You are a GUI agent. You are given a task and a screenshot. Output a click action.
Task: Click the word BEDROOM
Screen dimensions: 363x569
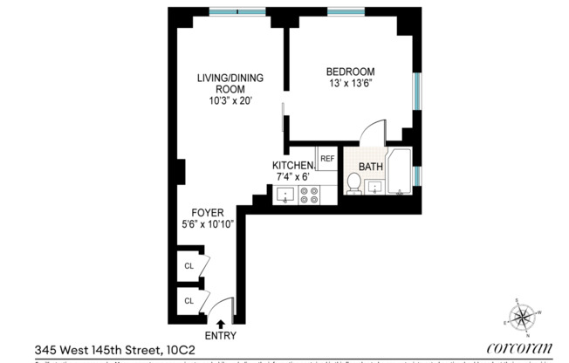(x=350, y=72)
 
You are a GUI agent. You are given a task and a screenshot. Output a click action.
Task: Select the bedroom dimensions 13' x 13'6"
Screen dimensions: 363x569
(x=350, y=83)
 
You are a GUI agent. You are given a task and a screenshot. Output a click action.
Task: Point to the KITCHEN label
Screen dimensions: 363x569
(x=292, y=166)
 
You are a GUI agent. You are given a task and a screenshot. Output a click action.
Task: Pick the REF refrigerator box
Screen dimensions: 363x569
(x=327, y=159)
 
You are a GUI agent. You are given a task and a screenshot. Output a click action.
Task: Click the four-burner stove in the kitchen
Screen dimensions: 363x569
(x=309, y=195)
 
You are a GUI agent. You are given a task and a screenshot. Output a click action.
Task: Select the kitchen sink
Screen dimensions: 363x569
(x=285, y=196)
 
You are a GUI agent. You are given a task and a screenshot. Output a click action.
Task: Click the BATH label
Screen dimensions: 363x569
(x=371, y=167)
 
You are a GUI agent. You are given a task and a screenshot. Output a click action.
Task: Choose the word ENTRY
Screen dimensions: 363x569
(x=219, y=336)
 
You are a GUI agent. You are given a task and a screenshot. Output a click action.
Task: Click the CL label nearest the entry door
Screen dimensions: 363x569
(x=189, y=301)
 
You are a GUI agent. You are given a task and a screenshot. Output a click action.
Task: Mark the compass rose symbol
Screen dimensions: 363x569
(x=525, y=316)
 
